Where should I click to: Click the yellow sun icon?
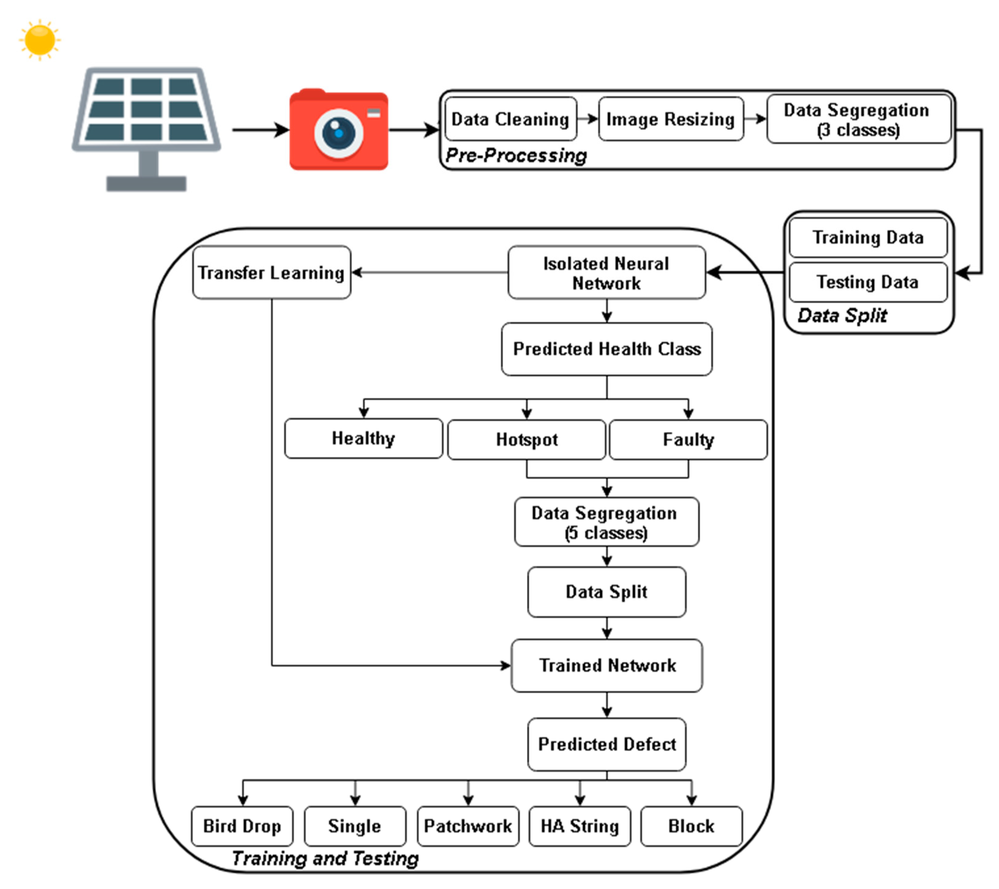pyautogui.click(x=40, y=40)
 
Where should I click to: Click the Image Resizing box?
pyautogui.click(x=671, y=119)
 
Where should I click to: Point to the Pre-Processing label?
pyautogui.click(x=516, y=155)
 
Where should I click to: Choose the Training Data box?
pyautogui.click(x=868, y=237)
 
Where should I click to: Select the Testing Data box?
pyautogui.click(x=868, y=282)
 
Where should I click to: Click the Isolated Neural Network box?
pyautogui.click(x=607, y=272)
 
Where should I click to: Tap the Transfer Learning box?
pyautogui.click(x=272, y=272)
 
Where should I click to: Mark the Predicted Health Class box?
pyautogui.click(x=607, y=349)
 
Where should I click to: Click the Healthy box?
pyautogui.click(x=363, y=438)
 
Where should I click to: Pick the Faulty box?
pyautogui.click(x=688, y=439)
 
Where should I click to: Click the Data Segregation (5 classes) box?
pyautogui.click(x=607, y=522)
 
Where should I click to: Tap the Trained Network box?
pyautogui.click(x=607, y=665)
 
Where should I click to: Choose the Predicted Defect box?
pyautogui.click(x=607, y=744)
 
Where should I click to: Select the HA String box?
pyautogui.click(x=580, y=826)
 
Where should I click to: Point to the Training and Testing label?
pyautogui.click(x=325, y=858)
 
